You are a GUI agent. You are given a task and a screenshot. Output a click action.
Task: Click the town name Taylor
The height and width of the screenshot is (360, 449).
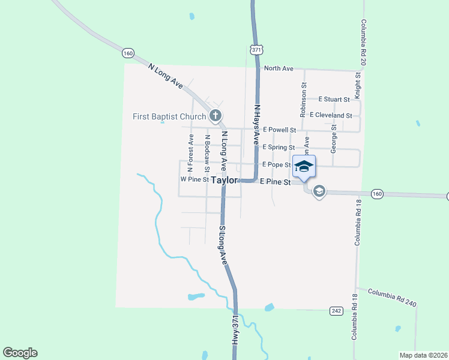click(x=224, y=179)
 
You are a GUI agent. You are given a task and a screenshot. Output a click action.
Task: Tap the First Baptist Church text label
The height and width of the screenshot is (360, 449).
click(x=169, y=116)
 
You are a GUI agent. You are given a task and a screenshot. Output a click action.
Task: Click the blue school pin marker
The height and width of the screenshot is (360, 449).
click(x=304, y=167)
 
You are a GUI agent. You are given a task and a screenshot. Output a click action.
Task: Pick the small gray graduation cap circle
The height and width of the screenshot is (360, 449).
click(x=319, y=191)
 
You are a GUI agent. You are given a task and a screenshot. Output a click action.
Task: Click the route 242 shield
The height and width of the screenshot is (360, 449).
click(x=336, y=310)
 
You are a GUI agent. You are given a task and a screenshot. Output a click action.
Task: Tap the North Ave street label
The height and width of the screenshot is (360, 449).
click(x=279, y=68)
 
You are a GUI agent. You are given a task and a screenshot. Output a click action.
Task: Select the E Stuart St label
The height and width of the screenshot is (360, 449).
click(x=334, y=98)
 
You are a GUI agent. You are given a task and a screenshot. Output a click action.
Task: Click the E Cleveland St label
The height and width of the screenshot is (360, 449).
click(x=331, y=115)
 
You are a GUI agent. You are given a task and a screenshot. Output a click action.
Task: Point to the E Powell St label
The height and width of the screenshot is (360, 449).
click(x=279, y=130)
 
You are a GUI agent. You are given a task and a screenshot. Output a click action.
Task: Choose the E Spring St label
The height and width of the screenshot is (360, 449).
click(x=278, y=147)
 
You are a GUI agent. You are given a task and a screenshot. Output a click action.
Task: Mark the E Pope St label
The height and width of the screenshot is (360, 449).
click(x=276, y=164)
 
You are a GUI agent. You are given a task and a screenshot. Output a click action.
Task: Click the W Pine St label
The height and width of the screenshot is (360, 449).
click(x=194, y=179)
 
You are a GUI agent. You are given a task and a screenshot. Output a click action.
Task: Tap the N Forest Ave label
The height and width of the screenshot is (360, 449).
click(x=191, y=149)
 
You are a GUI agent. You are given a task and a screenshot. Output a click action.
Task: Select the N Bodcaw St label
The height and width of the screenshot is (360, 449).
click(x=207, y=149)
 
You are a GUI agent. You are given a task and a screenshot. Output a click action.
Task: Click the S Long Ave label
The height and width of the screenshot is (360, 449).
click(x=223, y=245)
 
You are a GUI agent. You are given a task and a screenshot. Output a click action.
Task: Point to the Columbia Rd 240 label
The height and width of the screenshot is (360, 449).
click(x=392, y=297)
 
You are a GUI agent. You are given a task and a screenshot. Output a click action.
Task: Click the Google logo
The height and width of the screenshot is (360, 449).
click(x=20, y=353)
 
